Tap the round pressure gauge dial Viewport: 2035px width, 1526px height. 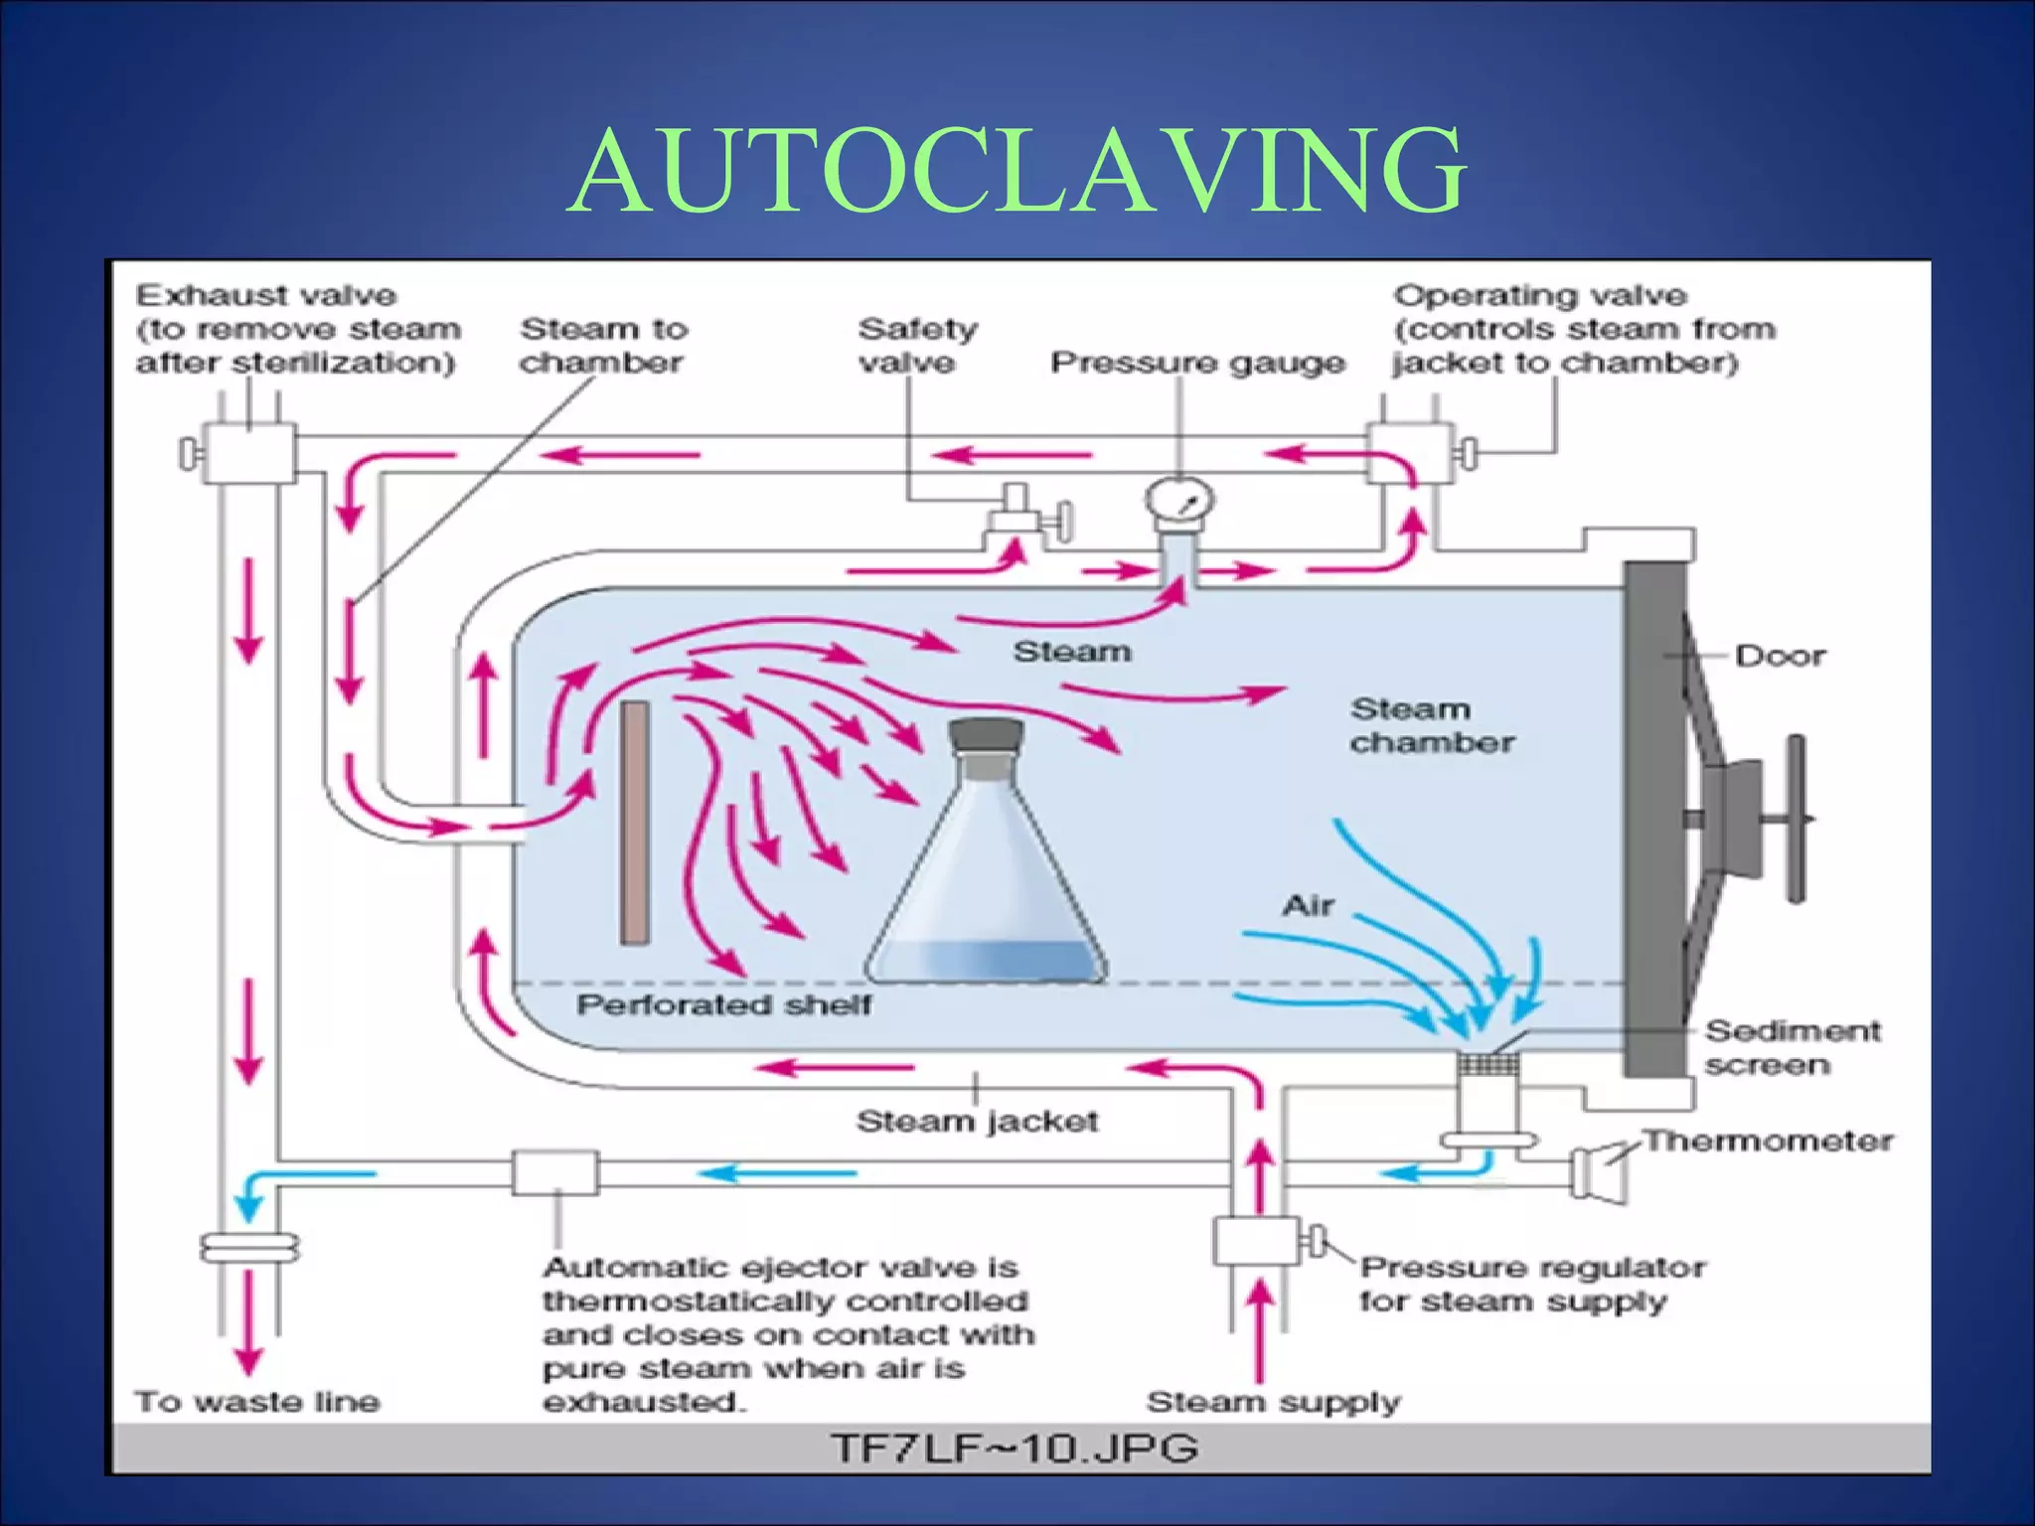tap(1178, 501)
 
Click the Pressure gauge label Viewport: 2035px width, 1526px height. tap(1197, 363)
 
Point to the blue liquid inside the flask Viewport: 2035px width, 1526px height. tap(987, 959)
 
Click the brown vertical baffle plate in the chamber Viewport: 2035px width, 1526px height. tap(635, 822)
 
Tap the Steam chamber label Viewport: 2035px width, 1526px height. tap(1431, 725)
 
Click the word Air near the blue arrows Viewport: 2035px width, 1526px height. tap(1308, 905)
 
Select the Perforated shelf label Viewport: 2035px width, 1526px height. tap(723, 1004)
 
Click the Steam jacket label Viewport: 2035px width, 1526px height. tap(977, 1122)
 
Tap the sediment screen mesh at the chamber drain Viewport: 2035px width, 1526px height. tap(1487, 1065)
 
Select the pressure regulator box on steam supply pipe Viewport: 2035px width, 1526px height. tap(1256, 1241)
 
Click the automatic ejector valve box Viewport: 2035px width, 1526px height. tap(555, 1173)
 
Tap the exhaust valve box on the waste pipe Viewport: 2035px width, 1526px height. tap(248, 453)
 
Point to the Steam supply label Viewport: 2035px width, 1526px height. tap(1273, 1402)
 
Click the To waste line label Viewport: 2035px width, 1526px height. tap(257, 1402)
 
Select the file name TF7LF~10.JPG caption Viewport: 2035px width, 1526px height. tap(1014, 1449)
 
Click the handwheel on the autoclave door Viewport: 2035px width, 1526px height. tap(1796, 819)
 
